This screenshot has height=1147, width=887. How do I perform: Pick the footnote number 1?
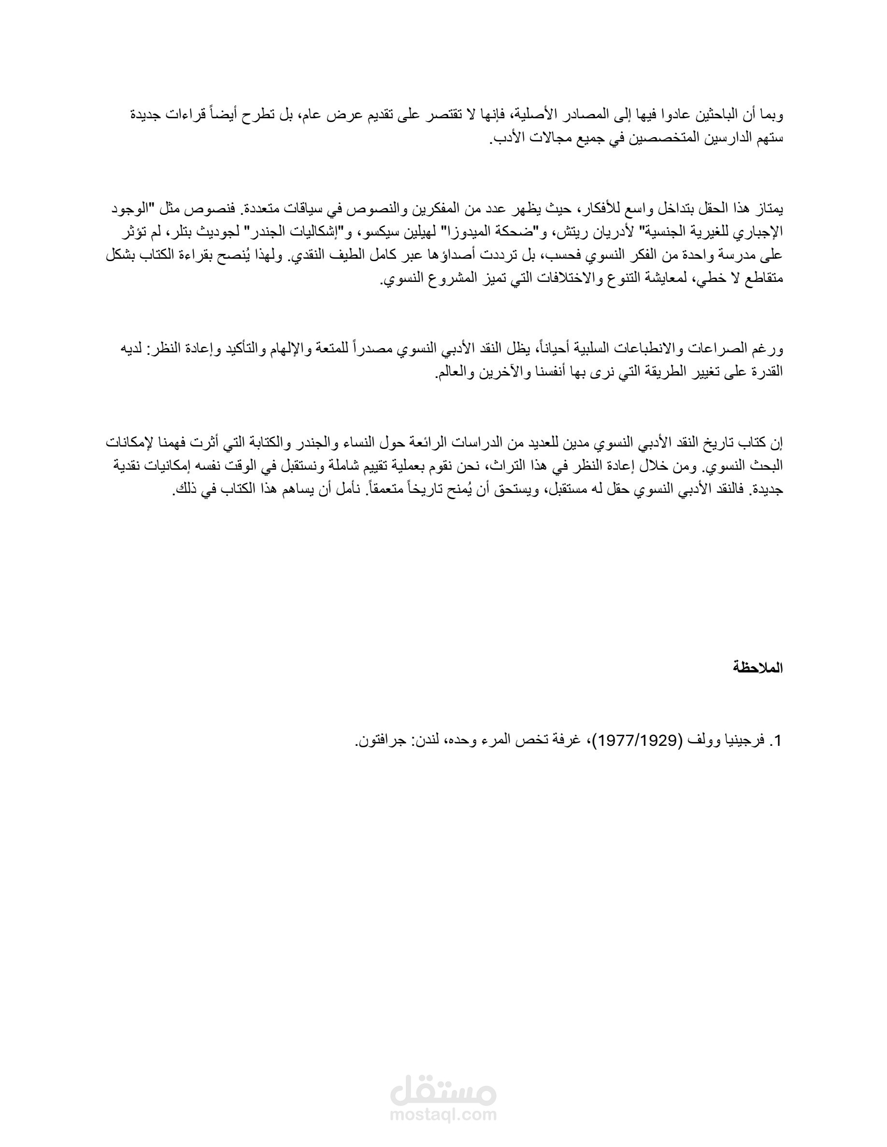(779, 741)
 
